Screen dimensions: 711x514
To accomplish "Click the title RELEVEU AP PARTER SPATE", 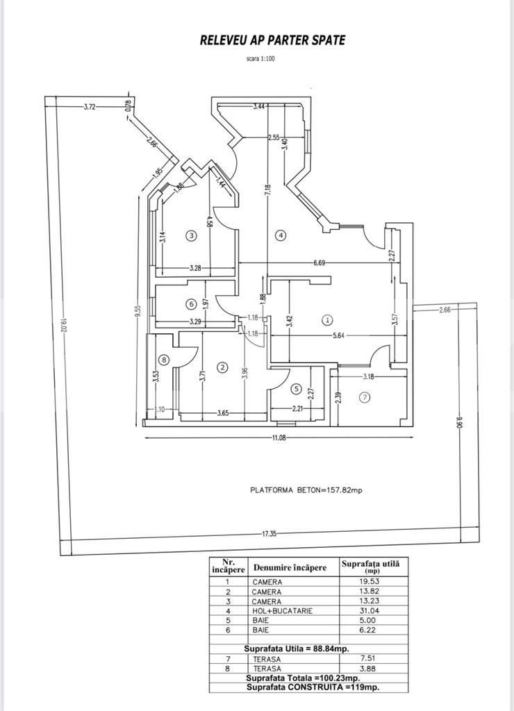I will pos(272,40).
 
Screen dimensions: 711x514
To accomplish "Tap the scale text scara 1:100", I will pos(260,59).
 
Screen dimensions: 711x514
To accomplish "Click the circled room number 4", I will pos(281,235).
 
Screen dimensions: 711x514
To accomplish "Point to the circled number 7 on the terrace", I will pos(365,397).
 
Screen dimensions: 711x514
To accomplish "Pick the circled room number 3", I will pos(192,235).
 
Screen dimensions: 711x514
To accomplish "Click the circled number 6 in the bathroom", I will pos(190,303).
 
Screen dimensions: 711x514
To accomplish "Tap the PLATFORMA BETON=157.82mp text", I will pos(306,490).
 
